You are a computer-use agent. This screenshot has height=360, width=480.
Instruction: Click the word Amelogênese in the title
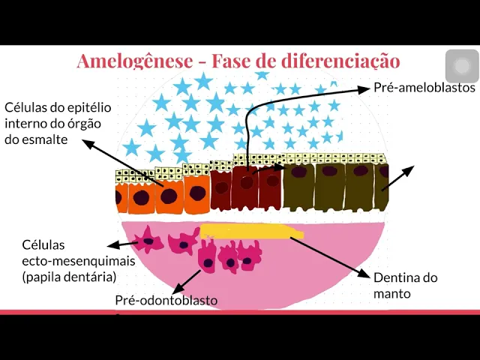134,61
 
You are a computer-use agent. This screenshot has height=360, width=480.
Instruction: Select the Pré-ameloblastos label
424,88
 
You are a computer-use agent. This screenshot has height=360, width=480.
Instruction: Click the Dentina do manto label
405,277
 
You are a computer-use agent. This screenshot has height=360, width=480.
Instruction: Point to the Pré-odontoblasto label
166,300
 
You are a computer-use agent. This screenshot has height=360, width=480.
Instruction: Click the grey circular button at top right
462,66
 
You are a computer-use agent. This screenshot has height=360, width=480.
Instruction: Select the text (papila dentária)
70,277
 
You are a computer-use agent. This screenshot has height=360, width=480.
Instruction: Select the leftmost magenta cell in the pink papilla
147,239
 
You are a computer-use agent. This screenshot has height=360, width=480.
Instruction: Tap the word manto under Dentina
392,293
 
